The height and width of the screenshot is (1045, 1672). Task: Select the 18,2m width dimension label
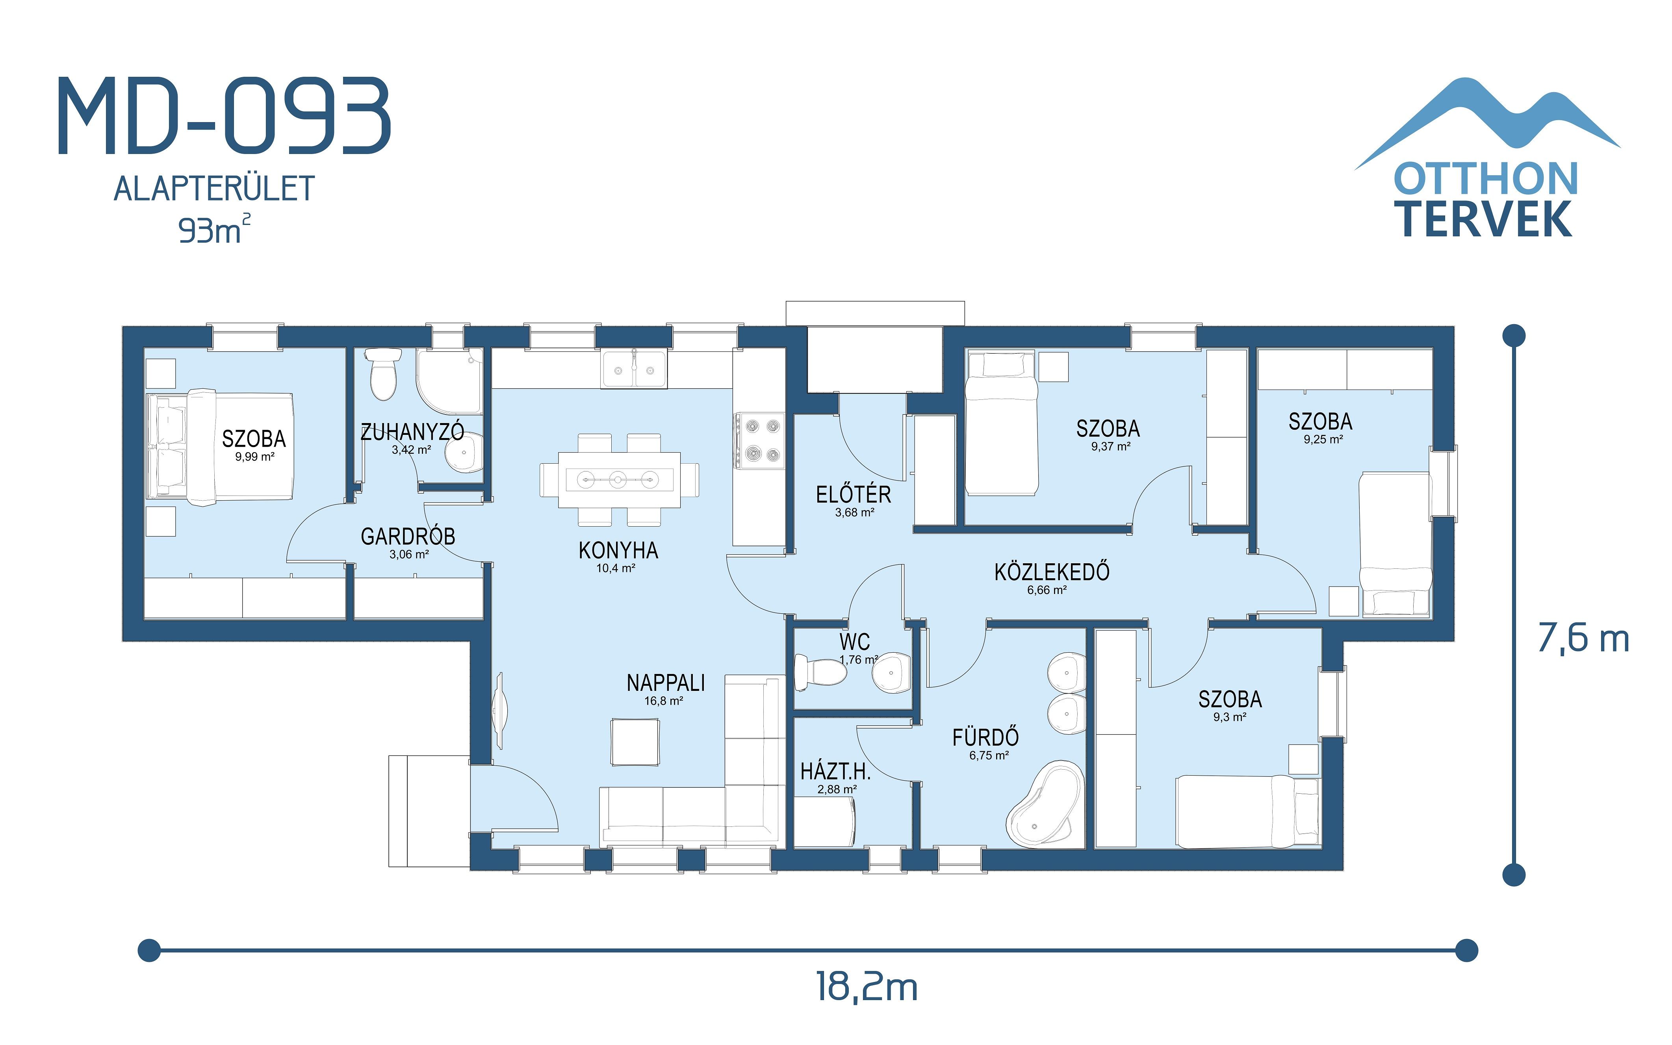(867, 987)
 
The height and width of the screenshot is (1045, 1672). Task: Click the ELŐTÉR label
(853, 495)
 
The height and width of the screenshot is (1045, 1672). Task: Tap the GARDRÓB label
(408, 536)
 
